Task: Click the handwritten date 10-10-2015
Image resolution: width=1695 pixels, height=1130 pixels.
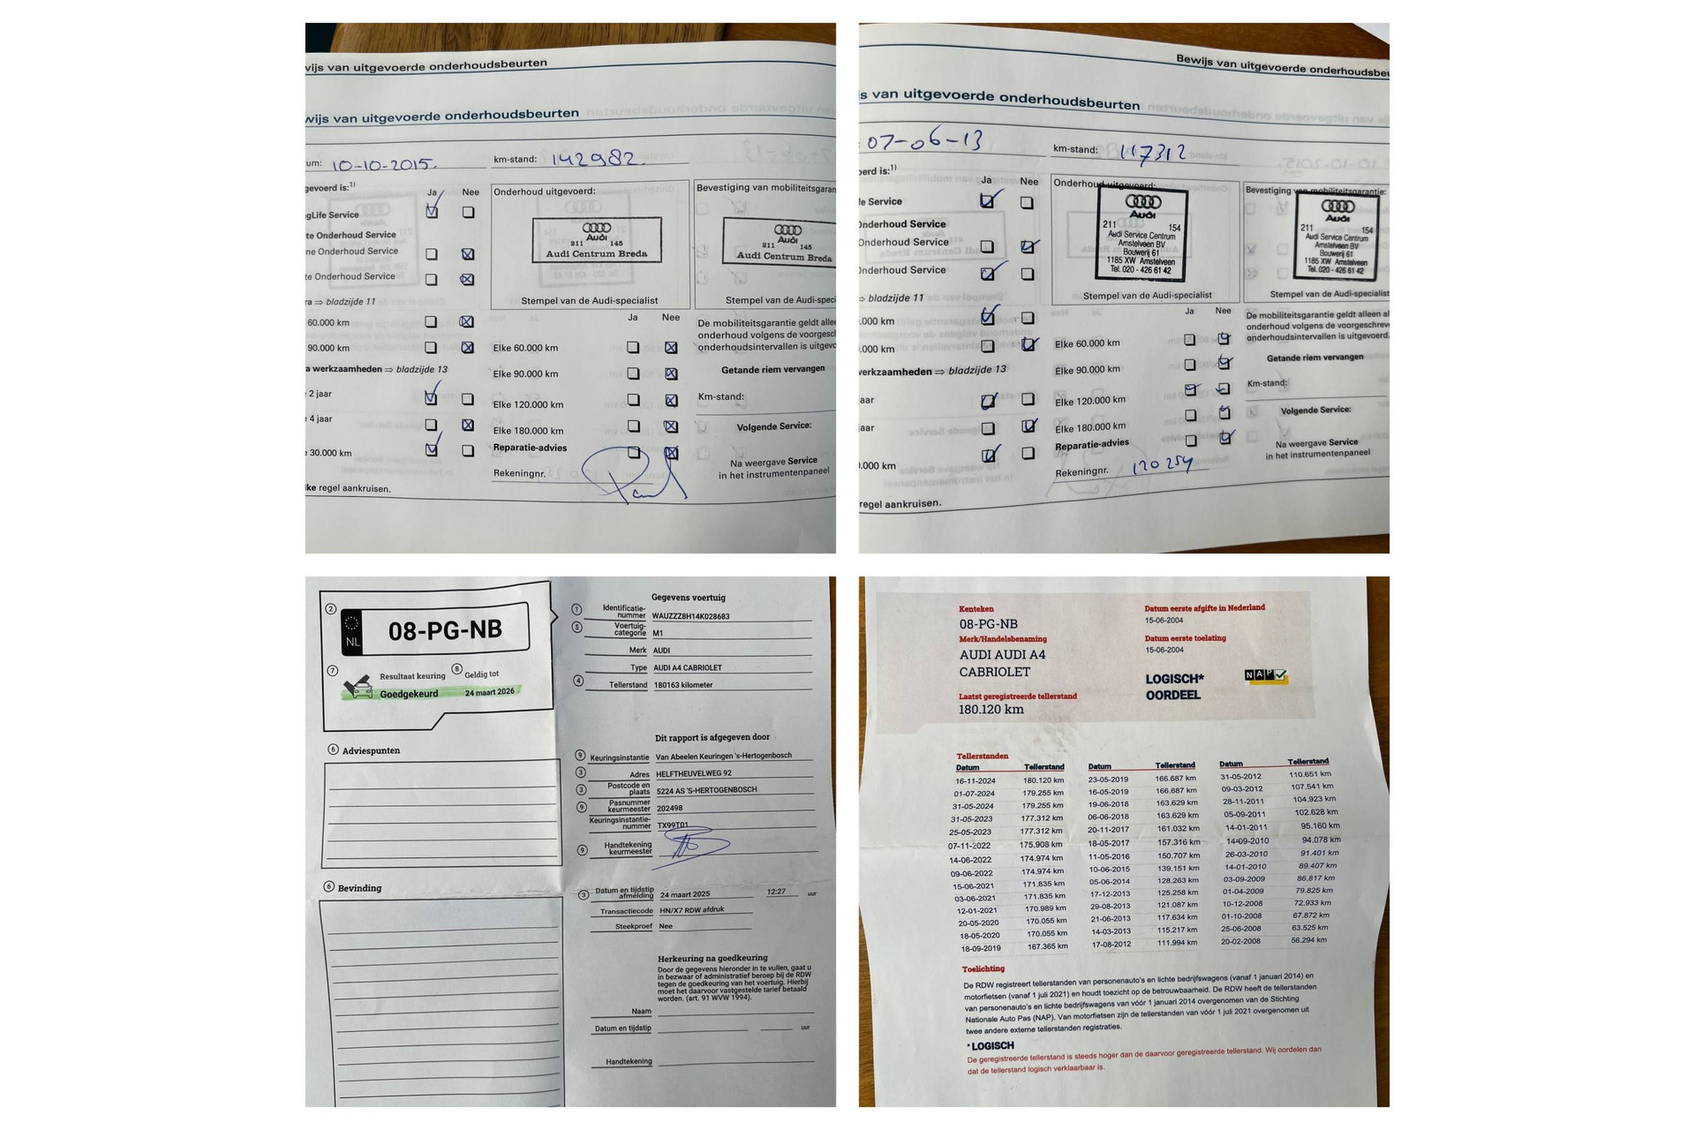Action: (382, 165)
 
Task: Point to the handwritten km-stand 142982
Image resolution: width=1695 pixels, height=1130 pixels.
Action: (597, 159)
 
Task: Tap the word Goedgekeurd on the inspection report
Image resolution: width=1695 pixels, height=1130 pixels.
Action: (409, 694)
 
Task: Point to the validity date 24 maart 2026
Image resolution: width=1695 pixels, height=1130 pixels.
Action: (489, 692)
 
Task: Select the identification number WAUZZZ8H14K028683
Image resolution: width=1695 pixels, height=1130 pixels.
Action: (691, 616)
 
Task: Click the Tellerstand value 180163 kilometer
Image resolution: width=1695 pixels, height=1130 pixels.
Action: (682, 685)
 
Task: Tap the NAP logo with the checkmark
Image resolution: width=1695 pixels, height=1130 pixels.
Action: (1266, 675)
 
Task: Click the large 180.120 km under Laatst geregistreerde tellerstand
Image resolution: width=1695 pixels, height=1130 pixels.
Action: (991, 709)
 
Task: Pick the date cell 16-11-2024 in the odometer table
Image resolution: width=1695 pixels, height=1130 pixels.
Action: (975, 781)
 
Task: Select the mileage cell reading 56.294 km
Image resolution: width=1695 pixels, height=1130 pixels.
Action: (1308, 940)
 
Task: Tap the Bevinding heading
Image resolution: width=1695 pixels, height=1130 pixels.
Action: (359, 888)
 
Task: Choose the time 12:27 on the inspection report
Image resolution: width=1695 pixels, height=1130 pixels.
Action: (776, 892)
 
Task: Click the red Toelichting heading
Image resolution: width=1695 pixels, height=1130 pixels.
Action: (983, 968)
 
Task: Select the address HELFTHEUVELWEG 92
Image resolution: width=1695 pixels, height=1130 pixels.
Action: (694, 773)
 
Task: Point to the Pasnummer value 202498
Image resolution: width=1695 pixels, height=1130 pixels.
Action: (669, 808)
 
